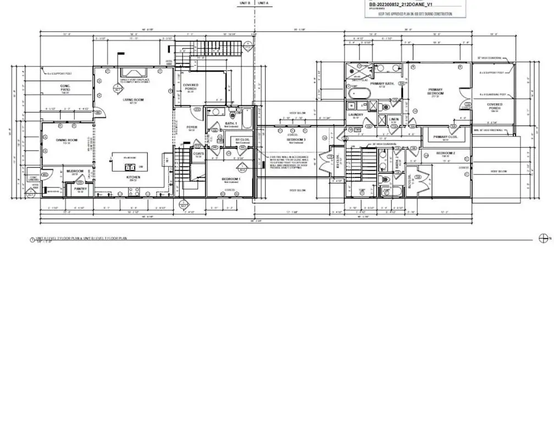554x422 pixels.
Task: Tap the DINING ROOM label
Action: coord(65,140)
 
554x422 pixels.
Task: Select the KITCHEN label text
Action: coord(132,177)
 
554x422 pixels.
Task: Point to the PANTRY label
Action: coord(80,188)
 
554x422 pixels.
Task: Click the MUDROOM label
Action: coord(75,171)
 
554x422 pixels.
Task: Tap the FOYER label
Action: coord(192,127)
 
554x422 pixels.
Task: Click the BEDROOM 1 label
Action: coord(230,179)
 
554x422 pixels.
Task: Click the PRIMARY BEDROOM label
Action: coord(436,92)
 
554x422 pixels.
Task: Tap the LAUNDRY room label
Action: coord(356,114)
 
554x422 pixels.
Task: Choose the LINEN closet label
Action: coord(394,119)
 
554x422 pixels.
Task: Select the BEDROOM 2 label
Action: coord(445,153)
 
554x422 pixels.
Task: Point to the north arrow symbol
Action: coord(544,237)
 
